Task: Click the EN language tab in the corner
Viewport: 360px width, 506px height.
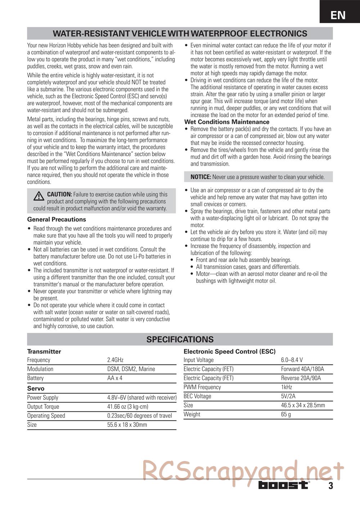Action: [338, 15]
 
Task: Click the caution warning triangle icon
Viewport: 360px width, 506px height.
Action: [39, 196]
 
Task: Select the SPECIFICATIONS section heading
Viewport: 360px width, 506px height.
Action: [180, 339]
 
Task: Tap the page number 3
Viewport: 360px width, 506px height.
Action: [330, 486]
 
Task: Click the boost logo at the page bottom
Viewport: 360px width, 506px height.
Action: [283, 485]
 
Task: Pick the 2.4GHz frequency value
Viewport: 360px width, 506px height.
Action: [115, 360]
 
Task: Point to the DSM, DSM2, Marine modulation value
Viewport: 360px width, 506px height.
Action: [131, 369]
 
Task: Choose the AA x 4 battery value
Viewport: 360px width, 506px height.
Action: [114, 378]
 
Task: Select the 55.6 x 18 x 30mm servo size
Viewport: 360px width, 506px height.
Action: [127, 425]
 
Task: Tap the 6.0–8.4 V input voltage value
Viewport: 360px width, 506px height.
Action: [292, 360]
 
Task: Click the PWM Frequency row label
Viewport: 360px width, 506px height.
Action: [202, 387]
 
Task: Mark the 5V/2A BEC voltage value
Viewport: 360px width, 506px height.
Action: [288, 396]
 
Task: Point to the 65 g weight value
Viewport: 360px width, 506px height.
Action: [286, 414]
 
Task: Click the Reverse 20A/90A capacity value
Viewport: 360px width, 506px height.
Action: [301, 378]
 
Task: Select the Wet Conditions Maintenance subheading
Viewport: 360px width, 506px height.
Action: [227, 122]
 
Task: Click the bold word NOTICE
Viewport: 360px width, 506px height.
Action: [201, 177]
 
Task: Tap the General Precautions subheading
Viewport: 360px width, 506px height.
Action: [57, 220]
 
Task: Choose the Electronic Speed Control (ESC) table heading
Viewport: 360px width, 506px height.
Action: [229, 352]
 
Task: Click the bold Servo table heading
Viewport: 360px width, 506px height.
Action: [36, 389]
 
